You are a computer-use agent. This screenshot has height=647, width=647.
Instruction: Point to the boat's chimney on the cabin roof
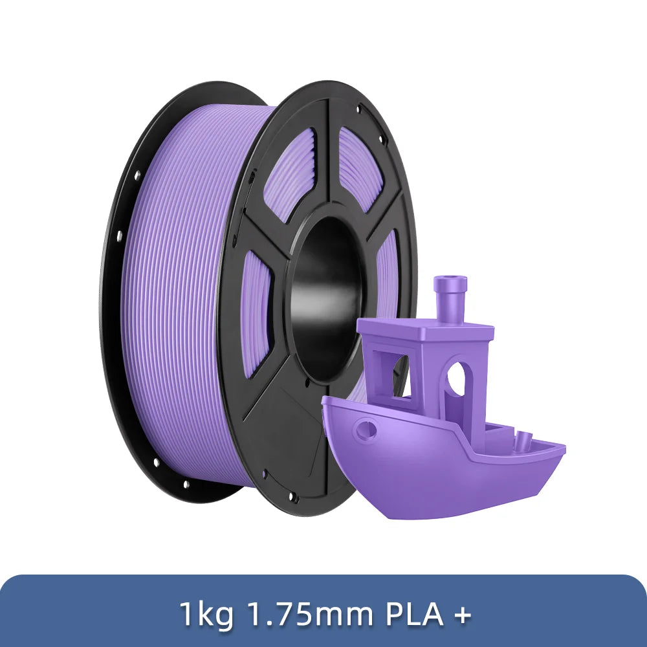[x=448, y=304]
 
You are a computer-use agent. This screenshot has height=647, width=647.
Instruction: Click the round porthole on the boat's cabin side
[x=457, y=378]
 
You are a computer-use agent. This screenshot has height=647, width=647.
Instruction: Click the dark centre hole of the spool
[x=323, y=298]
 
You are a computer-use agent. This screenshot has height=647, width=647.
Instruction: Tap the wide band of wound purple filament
[x=175, y=291]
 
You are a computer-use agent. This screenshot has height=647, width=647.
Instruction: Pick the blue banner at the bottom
[x=323, y=611]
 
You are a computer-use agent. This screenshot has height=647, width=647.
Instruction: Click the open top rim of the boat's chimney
[x=448, y=280]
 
